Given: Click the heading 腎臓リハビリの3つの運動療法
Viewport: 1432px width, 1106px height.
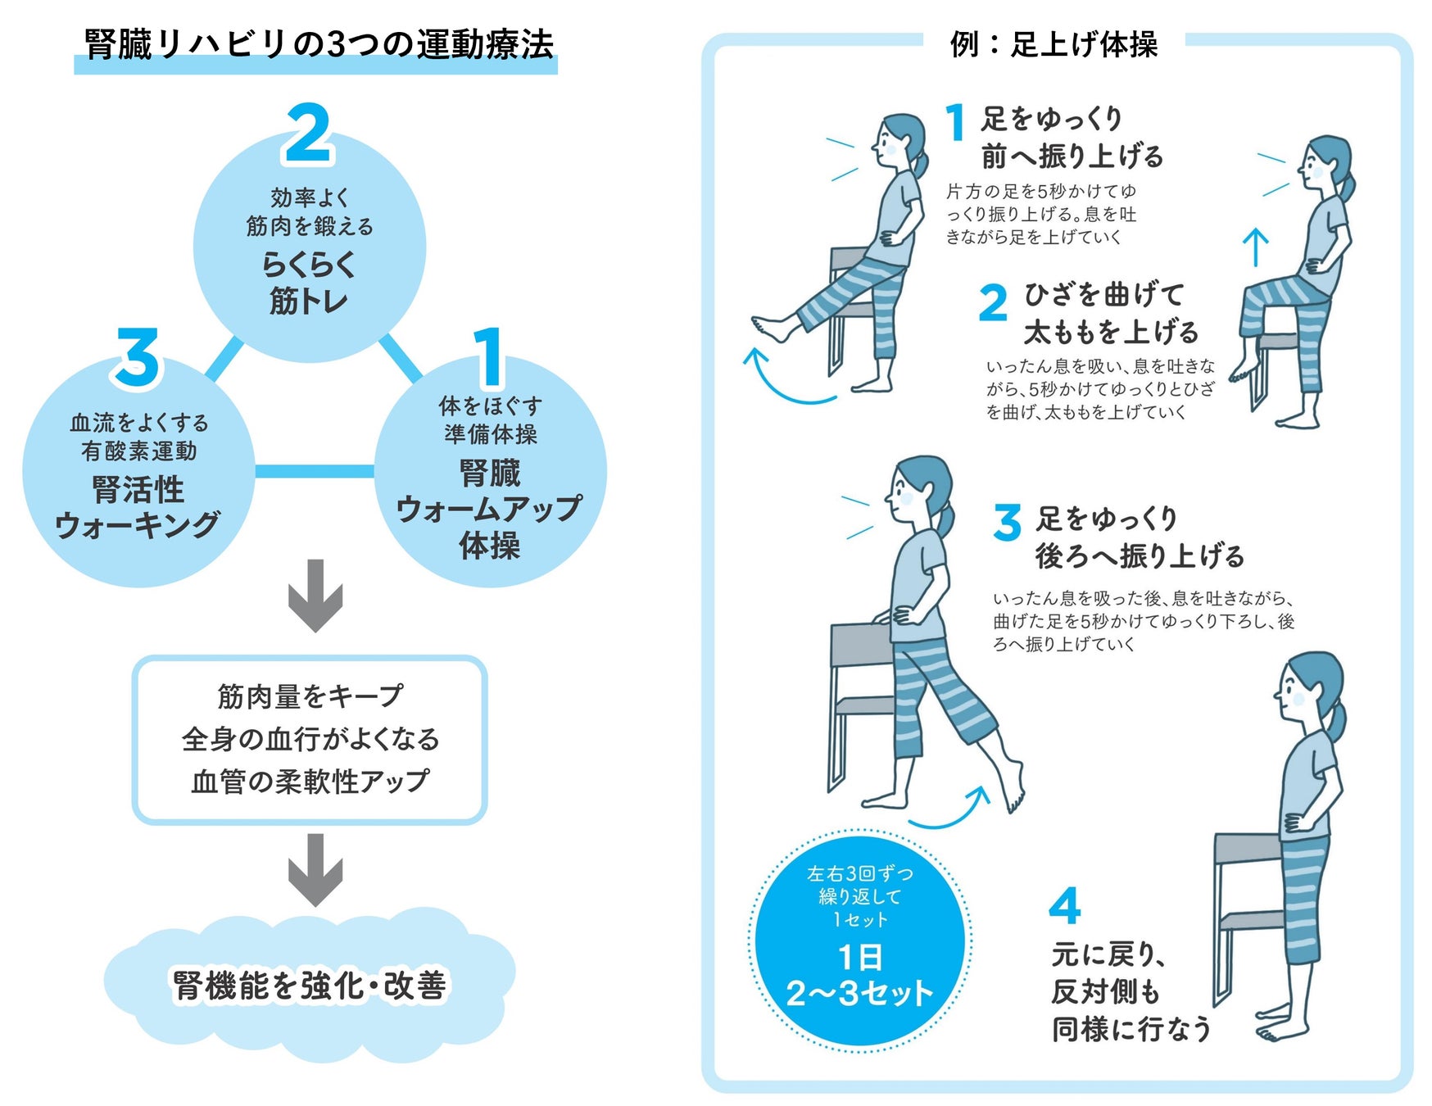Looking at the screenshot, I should [318, 44].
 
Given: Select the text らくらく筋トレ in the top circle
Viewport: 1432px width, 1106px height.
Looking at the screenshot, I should [309, 283].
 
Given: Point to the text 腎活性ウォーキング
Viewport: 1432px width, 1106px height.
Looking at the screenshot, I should [138, 508].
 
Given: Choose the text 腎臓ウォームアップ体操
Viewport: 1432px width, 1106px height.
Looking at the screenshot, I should [489, 509].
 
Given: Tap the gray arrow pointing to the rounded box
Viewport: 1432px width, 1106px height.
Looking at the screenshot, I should [315, 596].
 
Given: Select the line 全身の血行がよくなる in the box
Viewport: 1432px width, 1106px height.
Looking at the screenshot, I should [310, 739].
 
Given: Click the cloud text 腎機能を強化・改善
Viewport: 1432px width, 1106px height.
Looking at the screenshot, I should [310, 986].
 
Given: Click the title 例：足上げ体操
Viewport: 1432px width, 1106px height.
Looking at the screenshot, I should [1054, 44].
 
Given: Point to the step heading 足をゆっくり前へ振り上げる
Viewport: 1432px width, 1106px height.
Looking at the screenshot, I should [1072, 137].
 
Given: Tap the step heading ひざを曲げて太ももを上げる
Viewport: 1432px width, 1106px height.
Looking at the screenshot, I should [1110, 313].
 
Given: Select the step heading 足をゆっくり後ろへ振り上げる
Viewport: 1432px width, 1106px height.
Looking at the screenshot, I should [1139, 537].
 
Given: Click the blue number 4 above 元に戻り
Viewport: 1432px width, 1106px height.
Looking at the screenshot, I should [1064, 906].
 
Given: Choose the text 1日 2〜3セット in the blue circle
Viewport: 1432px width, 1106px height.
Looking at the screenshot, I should [859, 977].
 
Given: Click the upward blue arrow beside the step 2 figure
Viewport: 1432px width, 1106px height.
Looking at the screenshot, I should [1255, 246].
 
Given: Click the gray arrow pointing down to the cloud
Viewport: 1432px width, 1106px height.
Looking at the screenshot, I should [315, 869].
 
